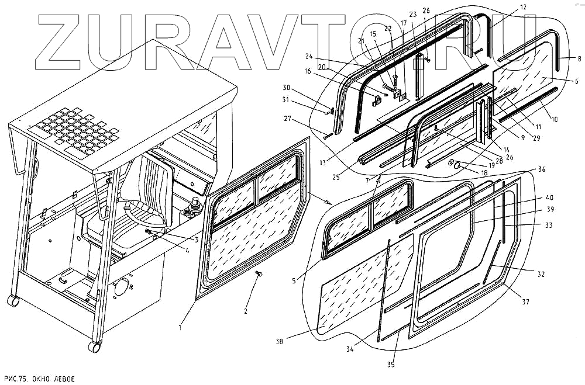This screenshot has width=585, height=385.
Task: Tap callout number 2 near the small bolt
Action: (x=246, y=311)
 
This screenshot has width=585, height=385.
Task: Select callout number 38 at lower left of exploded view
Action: (x=280, y=341)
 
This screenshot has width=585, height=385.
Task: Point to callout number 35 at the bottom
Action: (x=391, y=365)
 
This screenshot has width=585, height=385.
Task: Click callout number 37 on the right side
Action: (x=525, y=301)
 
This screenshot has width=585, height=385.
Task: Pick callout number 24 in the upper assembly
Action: (x=308, y=57)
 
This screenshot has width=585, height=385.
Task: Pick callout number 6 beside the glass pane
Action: (x=576, y=81)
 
